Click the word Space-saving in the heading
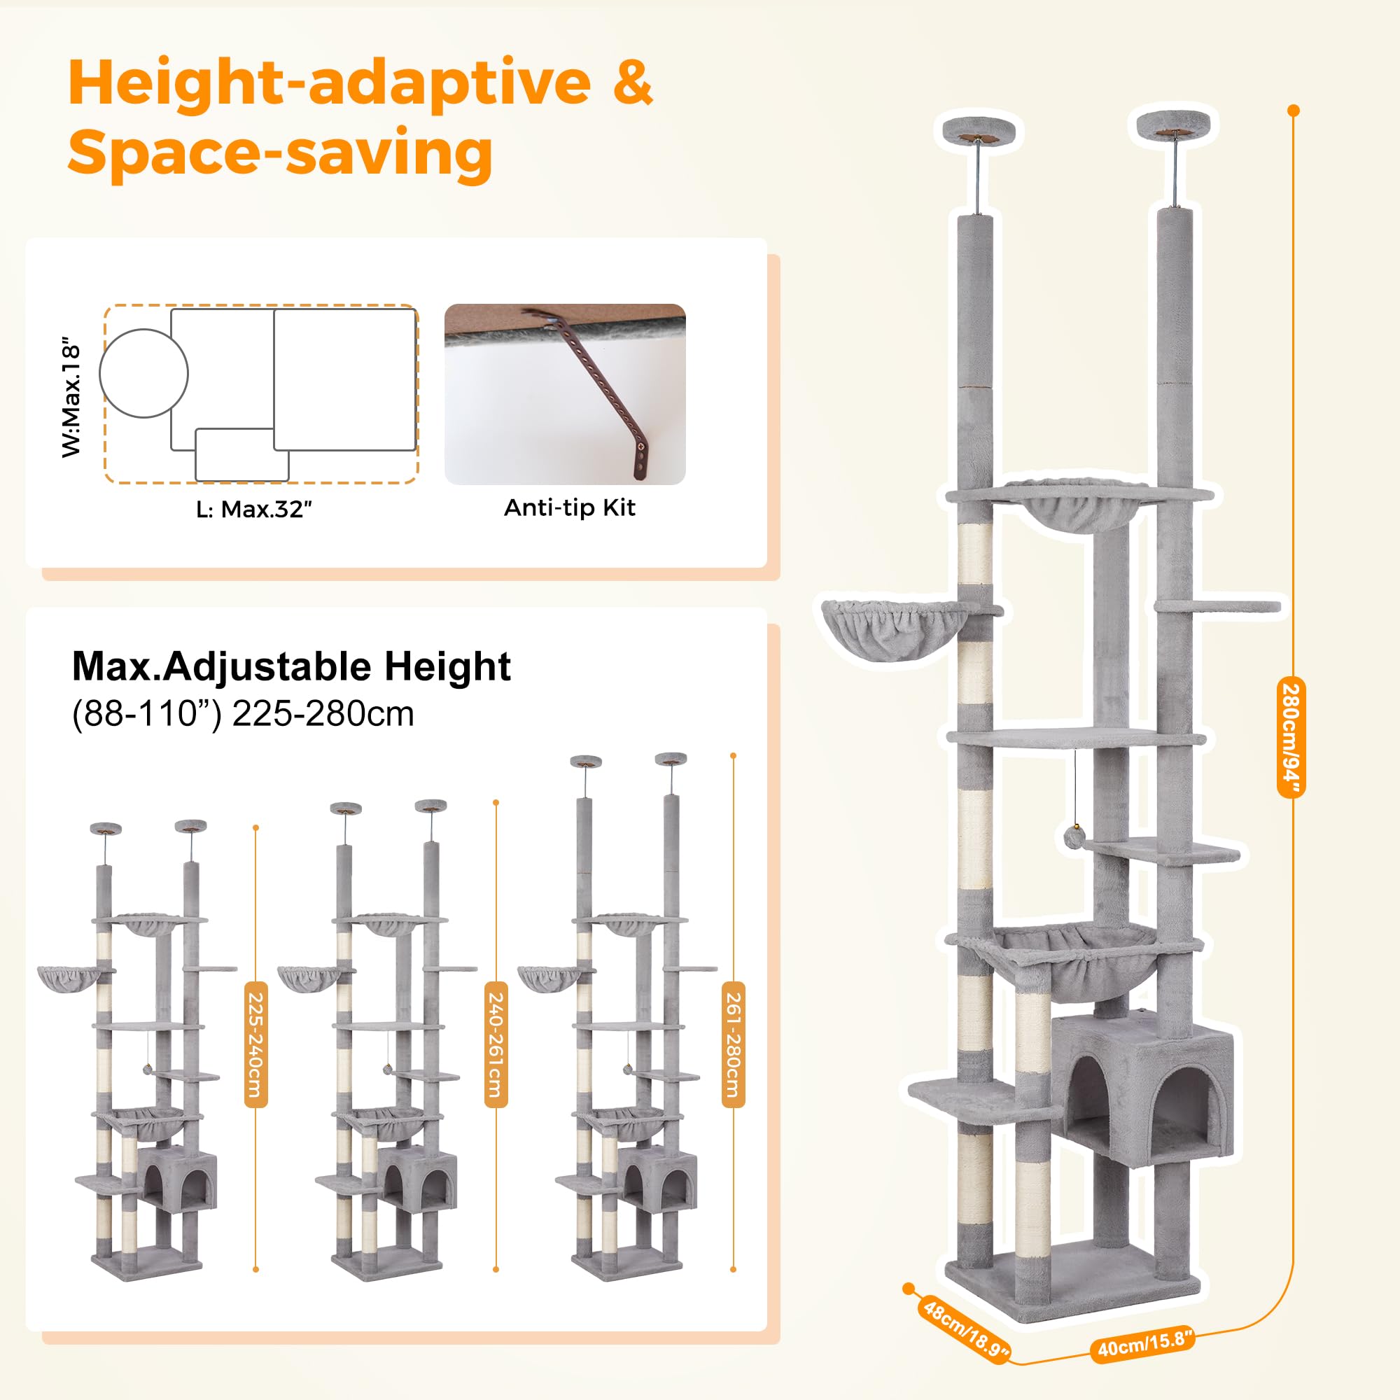point(281,153)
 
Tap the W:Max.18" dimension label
point(71,395)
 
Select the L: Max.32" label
point(253,509)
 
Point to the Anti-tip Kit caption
point(570,507)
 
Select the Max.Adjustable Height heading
point(291,666)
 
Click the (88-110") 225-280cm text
point(243,714)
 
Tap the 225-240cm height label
point(255,1044)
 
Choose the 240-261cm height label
point(496,1044)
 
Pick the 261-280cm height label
point(734,1044)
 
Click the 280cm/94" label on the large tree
point(1291,737)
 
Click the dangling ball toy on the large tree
point(1074,836)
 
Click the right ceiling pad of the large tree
point(1173,125)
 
